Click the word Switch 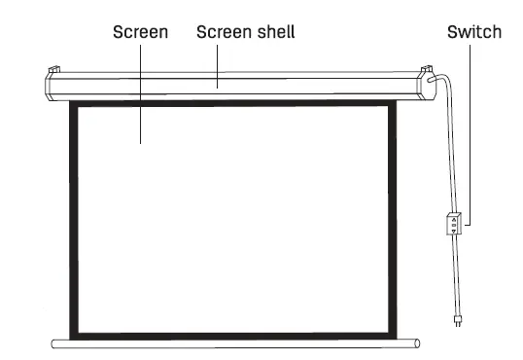473,32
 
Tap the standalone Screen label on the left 141,32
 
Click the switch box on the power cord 451,225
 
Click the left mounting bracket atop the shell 56,70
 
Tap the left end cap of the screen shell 50,86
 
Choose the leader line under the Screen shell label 218,63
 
